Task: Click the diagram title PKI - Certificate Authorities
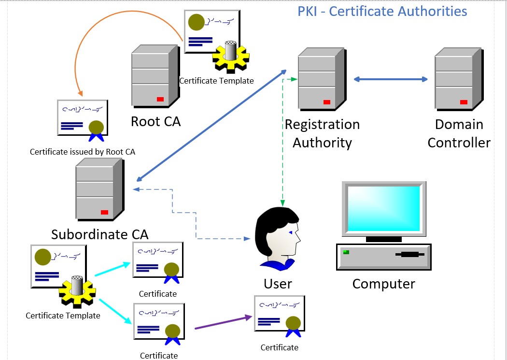[x=382, y=11]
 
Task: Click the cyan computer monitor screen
[x=384, y=208]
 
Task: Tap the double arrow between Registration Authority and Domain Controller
[x=391, y=79]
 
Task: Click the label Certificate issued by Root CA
[x=83, y=152]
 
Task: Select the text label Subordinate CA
[x=99, y=234]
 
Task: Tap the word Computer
[x=383, y=284]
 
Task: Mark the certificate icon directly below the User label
[x=279, y=317]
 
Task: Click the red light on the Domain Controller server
[x=464, y=102]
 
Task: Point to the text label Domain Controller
[x=459, y=133]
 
